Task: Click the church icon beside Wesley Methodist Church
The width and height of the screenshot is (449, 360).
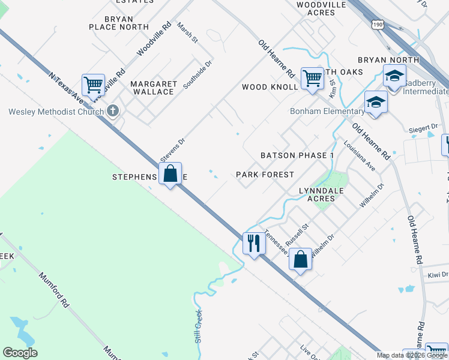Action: tap(112, 111)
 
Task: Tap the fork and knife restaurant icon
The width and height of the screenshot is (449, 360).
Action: tap(253, 243)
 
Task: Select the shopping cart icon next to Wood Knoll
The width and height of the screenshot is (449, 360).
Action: tap(312, 78)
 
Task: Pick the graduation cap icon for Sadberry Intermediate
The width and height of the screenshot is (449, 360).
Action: tap(394, 77)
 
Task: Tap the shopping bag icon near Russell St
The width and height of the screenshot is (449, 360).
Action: tap(300, 260)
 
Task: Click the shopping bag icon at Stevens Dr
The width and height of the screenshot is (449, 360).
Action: tap(170, 174)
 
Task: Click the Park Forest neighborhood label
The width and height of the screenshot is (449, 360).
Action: tap(265, 175)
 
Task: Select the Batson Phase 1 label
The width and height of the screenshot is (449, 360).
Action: tap(297, 155)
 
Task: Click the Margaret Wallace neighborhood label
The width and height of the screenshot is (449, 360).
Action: tap(154, 88)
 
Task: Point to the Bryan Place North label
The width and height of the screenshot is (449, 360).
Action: tap(119, 23)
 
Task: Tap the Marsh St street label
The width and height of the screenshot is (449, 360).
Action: tap(187, 33)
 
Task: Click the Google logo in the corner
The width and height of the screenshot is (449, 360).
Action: tap(20, 353)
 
